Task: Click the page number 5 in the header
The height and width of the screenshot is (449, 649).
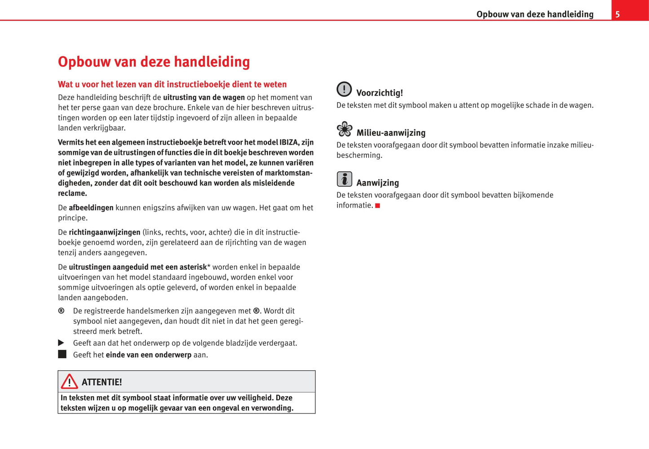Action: pos(618,14)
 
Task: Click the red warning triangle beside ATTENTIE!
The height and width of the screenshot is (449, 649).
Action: pos(69,382)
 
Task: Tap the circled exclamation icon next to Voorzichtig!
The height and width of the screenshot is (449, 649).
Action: pos(344,89)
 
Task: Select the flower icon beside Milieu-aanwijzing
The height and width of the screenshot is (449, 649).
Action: pos(344,129)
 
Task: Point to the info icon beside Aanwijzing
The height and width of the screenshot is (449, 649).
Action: pos(344,179)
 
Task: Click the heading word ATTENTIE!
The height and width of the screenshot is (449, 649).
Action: pos(102,382)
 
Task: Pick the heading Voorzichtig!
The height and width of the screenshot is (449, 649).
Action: pos(380,93)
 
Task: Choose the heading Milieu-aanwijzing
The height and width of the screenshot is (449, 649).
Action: pos(391,133)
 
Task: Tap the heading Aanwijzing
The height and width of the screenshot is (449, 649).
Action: pos(377,183)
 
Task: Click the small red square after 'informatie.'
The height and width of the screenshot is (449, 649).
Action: pos(378,206)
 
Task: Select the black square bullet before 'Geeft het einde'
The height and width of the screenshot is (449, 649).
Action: pos(62,354)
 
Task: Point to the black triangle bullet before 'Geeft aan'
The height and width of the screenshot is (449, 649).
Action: pos(62,343)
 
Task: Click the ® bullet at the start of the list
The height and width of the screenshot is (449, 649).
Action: pos(61,311)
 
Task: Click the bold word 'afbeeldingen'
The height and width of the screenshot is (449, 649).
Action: pos(91,208)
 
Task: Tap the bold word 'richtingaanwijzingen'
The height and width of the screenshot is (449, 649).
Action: pos(105,233)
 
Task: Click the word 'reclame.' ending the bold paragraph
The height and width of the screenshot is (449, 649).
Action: pos(72,193)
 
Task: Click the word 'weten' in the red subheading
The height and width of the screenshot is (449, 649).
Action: pos(275,85)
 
